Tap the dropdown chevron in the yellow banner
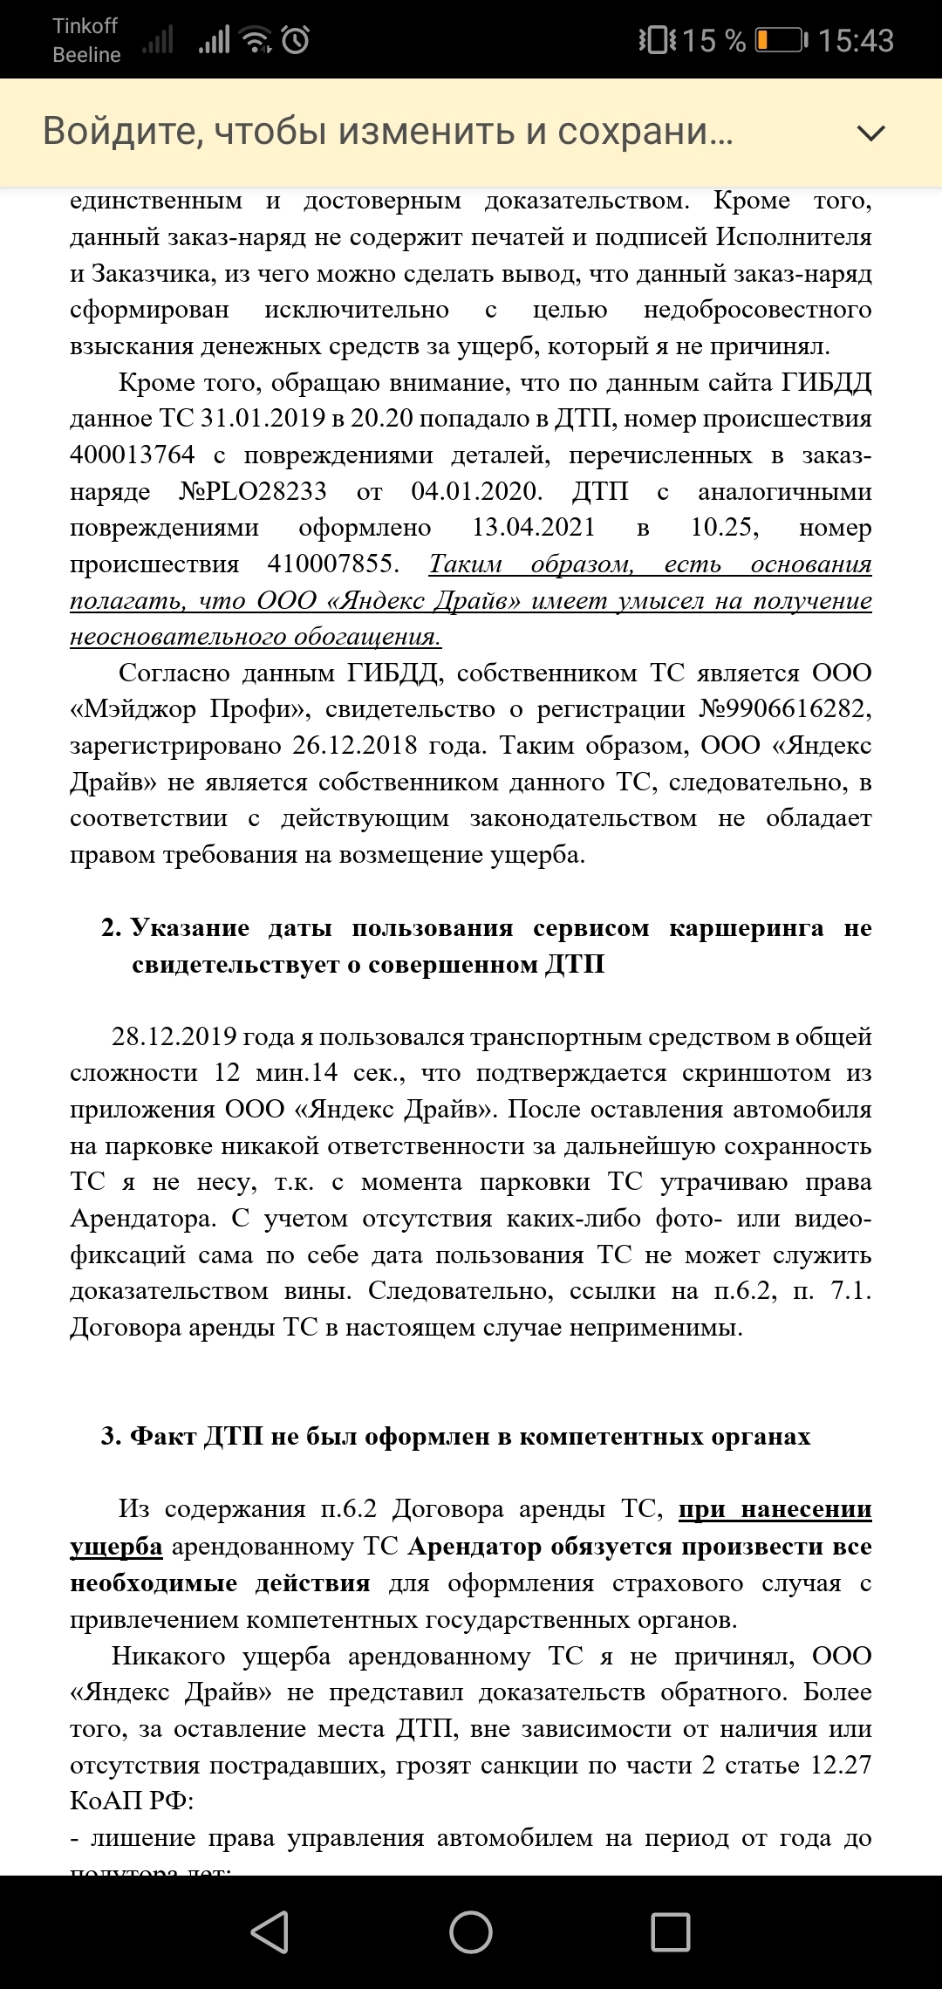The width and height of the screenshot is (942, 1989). [870, 133]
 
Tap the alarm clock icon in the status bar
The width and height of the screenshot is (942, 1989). [296, 40]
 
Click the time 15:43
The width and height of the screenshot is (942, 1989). [856, 41]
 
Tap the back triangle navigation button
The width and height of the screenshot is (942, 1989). [270, 1931]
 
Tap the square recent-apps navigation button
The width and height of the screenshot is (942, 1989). [670, 1931]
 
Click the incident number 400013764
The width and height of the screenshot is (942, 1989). [133, 455]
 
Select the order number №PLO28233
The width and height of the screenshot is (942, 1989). [253, 492]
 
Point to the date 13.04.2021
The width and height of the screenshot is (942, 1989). [534, 528]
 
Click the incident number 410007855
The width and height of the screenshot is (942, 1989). [331, 564]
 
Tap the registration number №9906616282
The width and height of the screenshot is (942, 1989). [784, 709]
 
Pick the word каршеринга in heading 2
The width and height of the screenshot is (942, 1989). [746, 928]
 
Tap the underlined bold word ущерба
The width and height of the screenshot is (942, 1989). [116, 1547]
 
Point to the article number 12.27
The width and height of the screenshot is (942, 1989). [841, 1765]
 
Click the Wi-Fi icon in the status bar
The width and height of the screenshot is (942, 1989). [256, 40]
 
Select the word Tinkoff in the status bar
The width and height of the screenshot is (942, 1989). [85, 26]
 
